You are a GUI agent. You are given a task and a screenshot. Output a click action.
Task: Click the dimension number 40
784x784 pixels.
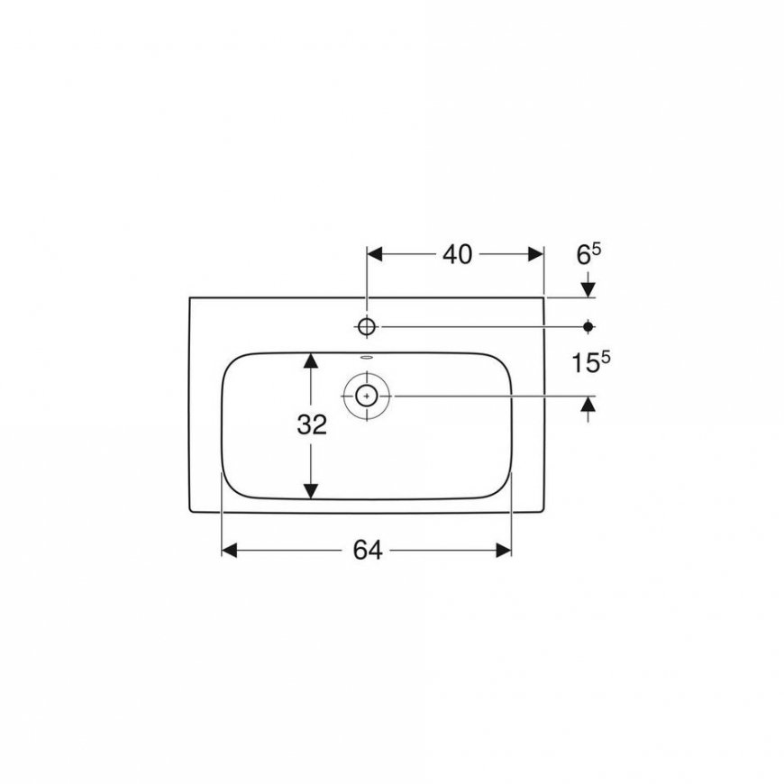pos(457,254)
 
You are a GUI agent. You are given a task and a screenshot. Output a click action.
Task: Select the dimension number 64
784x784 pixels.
pos(368,551)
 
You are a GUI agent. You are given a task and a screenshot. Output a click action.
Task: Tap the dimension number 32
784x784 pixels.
pos(312,424)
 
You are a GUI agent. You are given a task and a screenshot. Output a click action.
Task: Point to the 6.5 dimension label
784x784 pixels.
pos(588,254)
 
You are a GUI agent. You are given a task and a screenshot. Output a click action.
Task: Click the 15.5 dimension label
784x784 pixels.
pos(590,361)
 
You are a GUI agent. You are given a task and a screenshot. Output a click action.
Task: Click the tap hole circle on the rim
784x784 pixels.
pos(367,327)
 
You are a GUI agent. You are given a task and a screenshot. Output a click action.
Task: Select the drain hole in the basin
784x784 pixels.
pos(367,396)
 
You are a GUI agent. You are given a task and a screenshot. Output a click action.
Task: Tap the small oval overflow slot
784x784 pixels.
pos(367,358)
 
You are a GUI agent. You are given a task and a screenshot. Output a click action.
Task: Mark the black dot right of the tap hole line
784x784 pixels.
pos(588,327)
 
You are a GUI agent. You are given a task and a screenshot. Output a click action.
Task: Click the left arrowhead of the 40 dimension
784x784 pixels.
pos(375,254)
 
